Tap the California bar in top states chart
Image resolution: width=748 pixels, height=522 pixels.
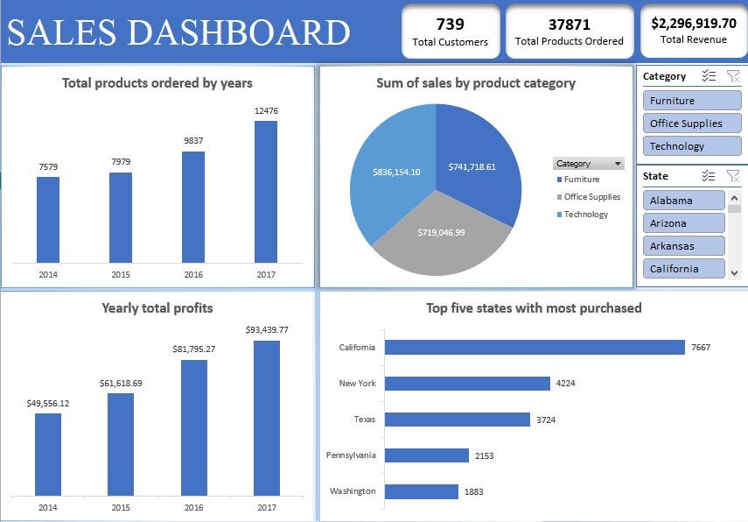tap(535, 348)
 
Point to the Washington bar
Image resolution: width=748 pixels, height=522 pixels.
tap(421, 491)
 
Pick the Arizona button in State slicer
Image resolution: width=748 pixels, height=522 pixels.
tap(683, 223)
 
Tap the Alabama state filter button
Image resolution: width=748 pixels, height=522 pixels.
tap(683, 201)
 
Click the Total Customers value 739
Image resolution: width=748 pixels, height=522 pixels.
tap(450, 25)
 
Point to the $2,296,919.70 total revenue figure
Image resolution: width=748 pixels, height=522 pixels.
tap(694, 24)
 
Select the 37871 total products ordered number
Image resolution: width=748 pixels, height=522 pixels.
tap(569, 25)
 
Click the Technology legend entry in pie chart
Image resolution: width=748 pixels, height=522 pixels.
tap(585, 215)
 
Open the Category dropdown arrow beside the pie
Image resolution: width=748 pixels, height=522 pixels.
tap(619, 164)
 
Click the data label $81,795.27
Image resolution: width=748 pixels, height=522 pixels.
tap(193, 349)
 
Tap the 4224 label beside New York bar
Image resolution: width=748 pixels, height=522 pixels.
tap(564, 384)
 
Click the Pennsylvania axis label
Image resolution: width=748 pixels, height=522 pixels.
tap(351, 455)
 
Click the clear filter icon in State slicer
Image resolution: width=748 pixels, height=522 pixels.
tap(733, 176)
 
